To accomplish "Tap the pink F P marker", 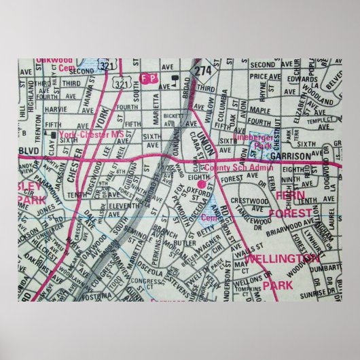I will pyautogui.click(x=147, y=78).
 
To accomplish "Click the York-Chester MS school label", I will pyautogui.click(x=92, y=134).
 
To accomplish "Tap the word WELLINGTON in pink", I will pyautogui.click(x=281, y=258).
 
